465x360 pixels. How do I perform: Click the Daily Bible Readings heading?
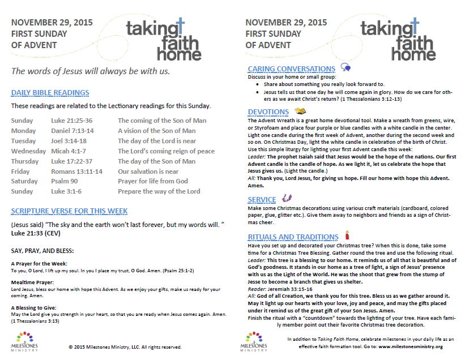tap(50, 93)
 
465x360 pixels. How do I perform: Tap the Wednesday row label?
tap(28, 151)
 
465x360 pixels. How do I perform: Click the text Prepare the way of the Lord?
tap(159, 191)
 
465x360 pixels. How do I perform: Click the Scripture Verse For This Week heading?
tap(69, 211)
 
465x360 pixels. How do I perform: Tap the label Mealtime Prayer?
tap(35, 282)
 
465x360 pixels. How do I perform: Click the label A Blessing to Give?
tap(35, 308)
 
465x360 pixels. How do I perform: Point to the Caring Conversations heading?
tap(292, 69)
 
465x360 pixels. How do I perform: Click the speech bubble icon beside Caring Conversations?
tap(345, 68)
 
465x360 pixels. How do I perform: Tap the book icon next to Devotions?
tap(301, 111)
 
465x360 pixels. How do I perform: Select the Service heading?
tap(262, 200)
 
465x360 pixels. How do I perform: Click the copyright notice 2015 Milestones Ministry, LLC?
tap(125, 347)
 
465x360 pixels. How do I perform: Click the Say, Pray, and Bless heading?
tap(42, 250)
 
